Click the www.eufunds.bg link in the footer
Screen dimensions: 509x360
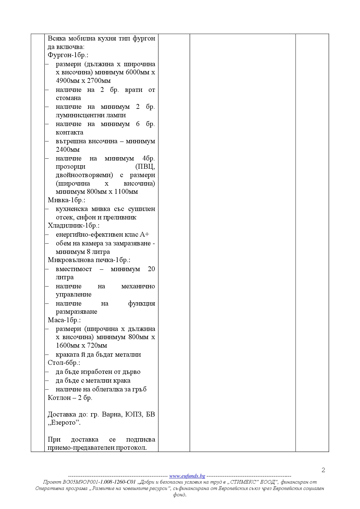point(187,476)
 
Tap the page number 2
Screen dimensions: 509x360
point(323,470)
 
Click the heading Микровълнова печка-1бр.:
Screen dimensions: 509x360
point(89,260)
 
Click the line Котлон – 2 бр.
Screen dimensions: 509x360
point(70,398)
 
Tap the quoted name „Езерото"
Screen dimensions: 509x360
point(64,423)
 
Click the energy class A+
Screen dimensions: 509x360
point(144,235)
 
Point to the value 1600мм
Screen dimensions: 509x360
point(68,346)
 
